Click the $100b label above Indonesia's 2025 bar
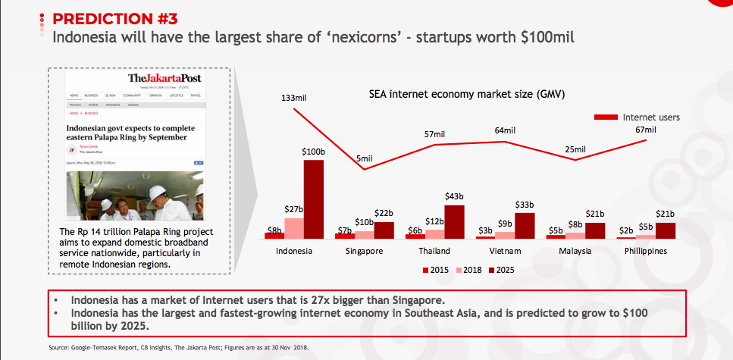click(x=313, y=152)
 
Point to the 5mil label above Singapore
click(x=365, y=158)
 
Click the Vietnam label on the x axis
click(x=504, y=251)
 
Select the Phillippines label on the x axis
click(x=646, y=251)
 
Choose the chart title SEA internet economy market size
click(x=467, y=95)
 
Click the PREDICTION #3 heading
click(x=112, y=18)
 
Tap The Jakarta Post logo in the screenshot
click(x=164, y=79)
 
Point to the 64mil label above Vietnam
click(x=505, y=130)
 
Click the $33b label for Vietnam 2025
click(x=525, y=205)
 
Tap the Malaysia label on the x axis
click(x=575, y=251)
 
